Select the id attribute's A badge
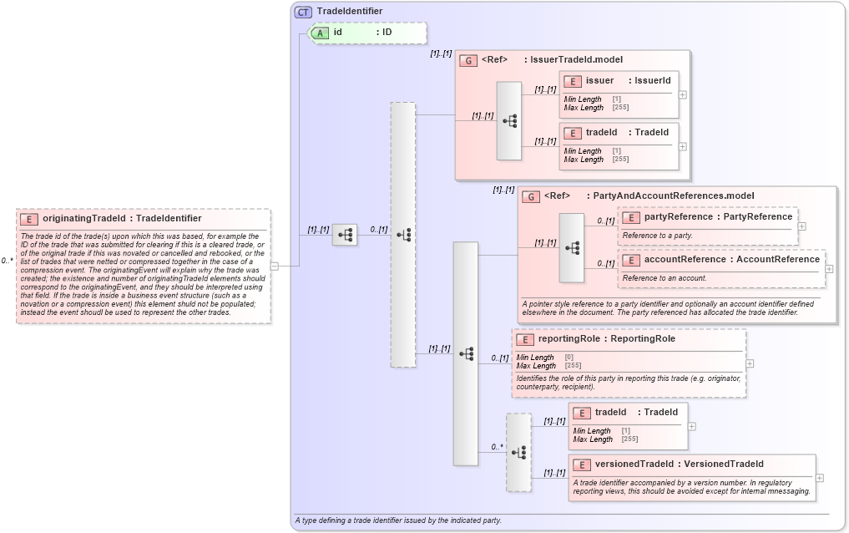[321, 33]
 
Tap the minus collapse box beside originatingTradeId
[275, 266]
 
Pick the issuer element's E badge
[573, 81]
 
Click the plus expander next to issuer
[683, 94]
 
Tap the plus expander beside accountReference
[829, 268]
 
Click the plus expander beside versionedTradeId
[820, 478]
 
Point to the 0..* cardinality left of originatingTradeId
[7, 261]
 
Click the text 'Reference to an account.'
[665, 277]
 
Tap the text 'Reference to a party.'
[658, 236]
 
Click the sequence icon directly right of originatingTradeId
[344, 235]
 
